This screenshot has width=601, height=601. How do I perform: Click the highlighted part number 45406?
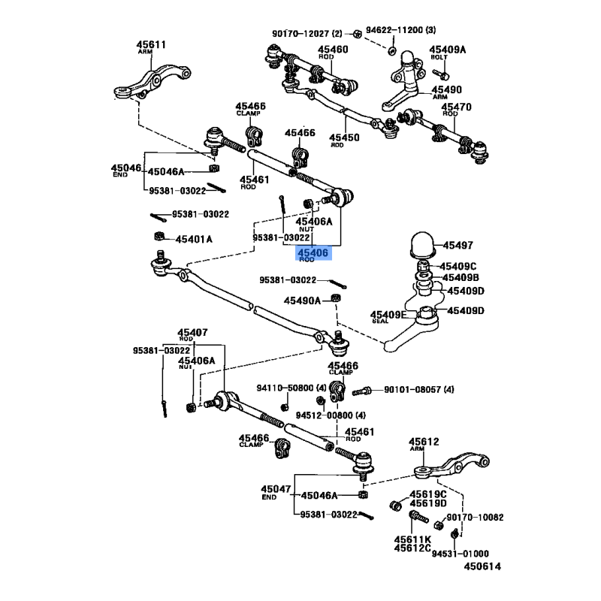pyautogui.click(x=313, y=254)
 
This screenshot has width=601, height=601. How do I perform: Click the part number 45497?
pyautogui.click(x=457, y=246)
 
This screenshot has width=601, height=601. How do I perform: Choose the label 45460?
pyautogui.click(x=333, y=50)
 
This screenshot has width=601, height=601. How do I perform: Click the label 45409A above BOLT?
pyautogui.click(x=448, y=50)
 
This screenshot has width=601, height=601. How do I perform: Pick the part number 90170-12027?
pyautogui.click(x=300, y=33)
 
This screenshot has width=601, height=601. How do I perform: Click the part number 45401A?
pyautogui.click(x=194, y=239)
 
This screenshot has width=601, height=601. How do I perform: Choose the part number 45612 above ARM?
pyautogui.click(x=424, y=442)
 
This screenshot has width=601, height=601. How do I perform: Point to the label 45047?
pyautogui.click(x=275, y=489)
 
